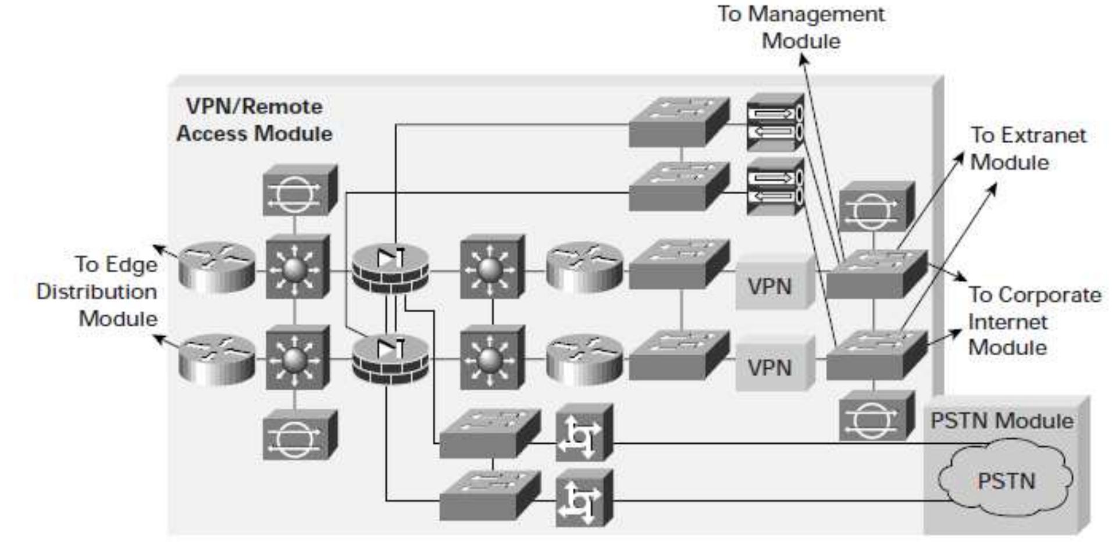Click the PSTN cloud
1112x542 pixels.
coord(1006,480)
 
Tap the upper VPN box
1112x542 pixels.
coord(770,286)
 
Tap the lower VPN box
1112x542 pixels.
coord(770,367)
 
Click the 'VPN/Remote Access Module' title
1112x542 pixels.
coord(254,120)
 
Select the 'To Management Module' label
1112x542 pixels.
coord(801,27)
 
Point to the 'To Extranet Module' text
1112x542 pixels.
coord(1027,148)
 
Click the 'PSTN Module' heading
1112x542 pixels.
coord(1001,420)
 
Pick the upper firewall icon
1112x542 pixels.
coord(391,269)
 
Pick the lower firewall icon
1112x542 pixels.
coord(391,359)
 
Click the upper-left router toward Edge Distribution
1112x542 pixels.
coord(217,267)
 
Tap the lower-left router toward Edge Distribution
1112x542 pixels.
coord(217,359)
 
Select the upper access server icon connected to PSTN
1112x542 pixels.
coord(583,433)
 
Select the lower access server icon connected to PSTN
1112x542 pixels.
coord(583,498)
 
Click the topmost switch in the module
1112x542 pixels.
coord(678,122)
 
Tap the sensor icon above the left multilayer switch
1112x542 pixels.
coord(299,191)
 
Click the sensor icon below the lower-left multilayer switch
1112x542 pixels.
coord(299,435)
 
